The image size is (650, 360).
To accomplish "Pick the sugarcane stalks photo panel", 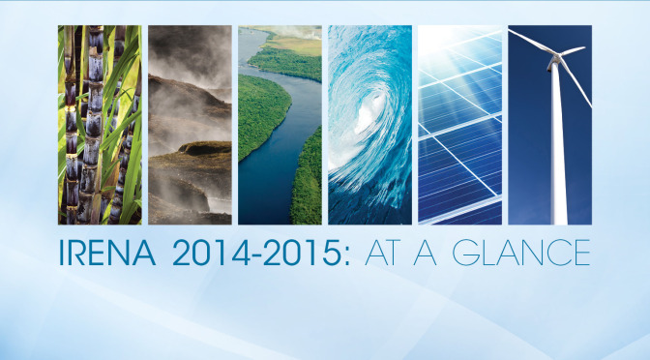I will tap(100, 124).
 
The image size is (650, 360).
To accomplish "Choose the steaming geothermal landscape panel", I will tap(190, 124).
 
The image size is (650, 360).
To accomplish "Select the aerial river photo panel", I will tap(280, 124).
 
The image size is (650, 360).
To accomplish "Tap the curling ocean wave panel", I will tap(369, 124).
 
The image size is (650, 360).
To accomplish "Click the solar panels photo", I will tap(459, 124).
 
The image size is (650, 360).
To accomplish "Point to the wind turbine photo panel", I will tap(549, 124).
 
